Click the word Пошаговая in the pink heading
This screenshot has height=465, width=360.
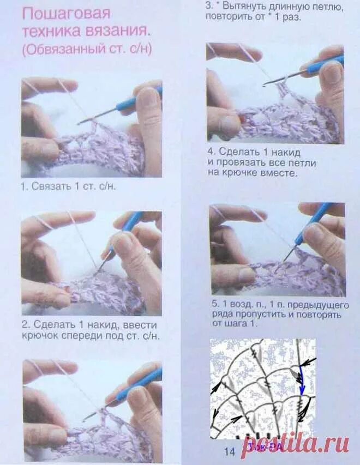click(x=66, y=14)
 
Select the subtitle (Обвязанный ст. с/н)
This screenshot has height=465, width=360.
click(x=87, y=49)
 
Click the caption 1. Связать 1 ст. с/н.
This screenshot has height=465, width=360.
click(x=69, y=186)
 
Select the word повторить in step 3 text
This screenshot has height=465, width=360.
click(x=226, y=16)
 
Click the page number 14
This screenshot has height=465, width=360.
click(x=230, y=451)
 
